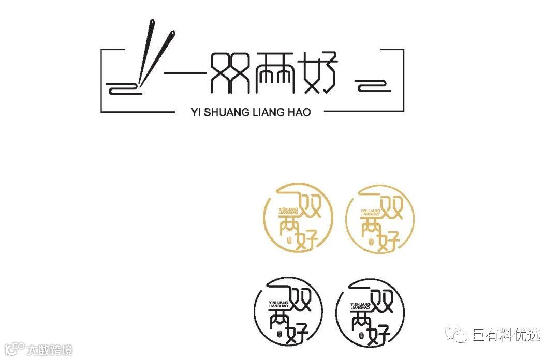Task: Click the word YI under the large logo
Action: click(195, 112)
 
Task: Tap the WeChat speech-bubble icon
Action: click(457, 335)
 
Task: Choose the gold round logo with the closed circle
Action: click(380, 219)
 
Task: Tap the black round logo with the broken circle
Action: click(289, 310)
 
